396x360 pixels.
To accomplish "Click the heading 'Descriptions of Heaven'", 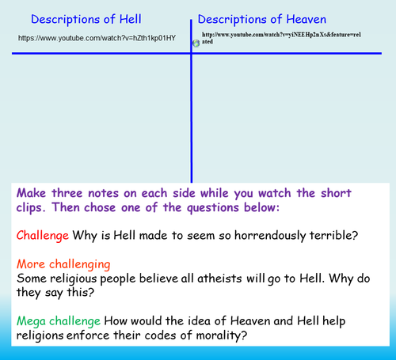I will (x=263, y=19).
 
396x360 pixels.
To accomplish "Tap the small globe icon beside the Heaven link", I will (x=196, y=42).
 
